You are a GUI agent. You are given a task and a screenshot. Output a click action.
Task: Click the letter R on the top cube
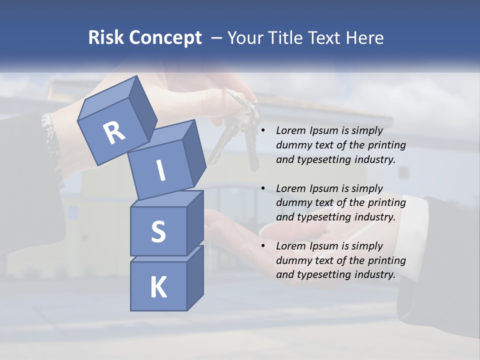tap(114, 132)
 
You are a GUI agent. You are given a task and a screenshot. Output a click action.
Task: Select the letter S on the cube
tap(158, 231)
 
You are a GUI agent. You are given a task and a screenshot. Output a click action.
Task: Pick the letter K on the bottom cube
tap(158, 287)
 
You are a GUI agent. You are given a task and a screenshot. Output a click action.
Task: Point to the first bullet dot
tap(262, 131)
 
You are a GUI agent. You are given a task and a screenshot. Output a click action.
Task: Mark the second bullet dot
tap(262, 188)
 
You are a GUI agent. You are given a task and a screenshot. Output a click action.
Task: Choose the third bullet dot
tap(262, 246)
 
